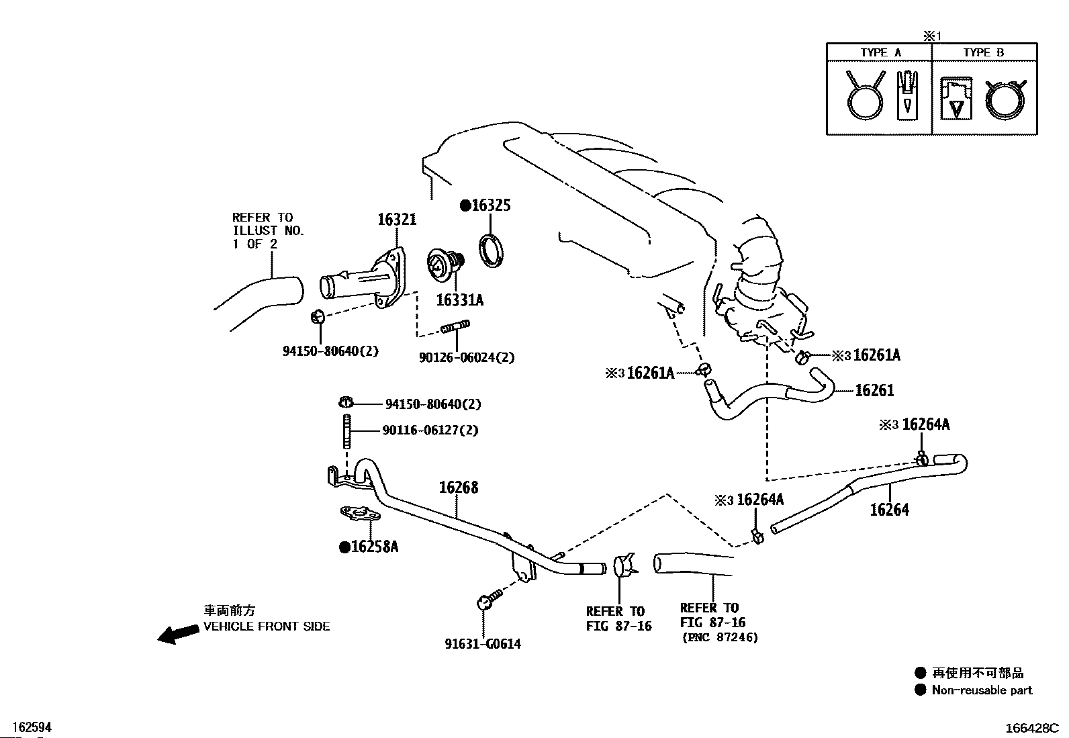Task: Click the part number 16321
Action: click(x=397, y=220)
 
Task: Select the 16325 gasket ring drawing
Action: click(x=491, y=250)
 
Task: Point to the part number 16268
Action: click(x=458, y=488)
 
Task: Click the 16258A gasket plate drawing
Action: click(x=361, y=514)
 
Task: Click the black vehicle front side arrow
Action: click(x=178, y=634)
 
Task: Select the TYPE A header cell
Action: click(x=880, y=52)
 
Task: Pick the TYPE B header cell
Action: click(x=984, y=52)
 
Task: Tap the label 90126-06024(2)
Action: click(x=467, y=357)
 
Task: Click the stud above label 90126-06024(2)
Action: click(x=455, y=327)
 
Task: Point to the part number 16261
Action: click(x=874, y=390)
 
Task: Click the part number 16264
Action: click(x=889, y=510)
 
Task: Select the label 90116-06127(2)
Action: click(x=430, y=430)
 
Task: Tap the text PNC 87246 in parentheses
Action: click(x=720, y=637)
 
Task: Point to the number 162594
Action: click(x=32, y=727)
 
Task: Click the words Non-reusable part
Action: click(x=982, y=690)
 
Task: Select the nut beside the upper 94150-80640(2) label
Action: click(x=346, y=403)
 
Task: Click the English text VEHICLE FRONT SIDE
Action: click(x=267, y=627)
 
